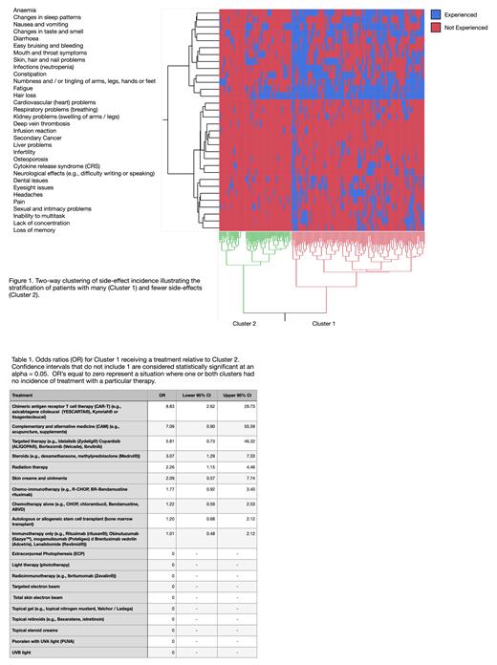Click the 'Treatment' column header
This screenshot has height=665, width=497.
tap(26, 393)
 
